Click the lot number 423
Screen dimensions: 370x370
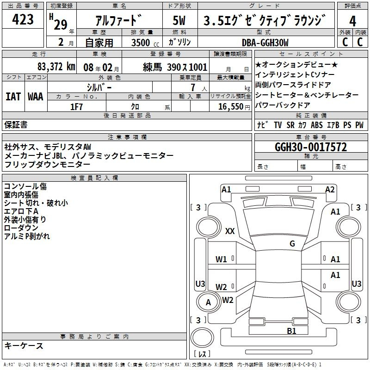click(x=23, y=19)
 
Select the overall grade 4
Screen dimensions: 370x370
click(x=352, y=21)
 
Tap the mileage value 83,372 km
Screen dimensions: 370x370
click(x=56, y=67)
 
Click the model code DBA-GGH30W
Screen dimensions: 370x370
click(x=265, y=43)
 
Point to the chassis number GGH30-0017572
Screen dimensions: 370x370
click(x=311, y=147)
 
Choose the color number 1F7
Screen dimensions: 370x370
click(x=76, y=107)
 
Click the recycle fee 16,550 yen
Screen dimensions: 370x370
click(x=234, y=107)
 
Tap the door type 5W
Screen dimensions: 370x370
click(x=179, y=20)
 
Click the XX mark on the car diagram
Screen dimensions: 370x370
click(x=230, y=231)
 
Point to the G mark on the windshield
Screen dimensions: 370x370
click(x=292, y=244)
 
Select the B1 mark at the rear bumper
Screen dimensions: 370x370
click(x=291, y=331)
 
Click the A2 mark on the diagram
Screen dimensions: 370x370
click(x=330, y=190)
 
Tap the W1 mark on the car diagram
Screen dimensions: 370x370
click(x=221, y=259)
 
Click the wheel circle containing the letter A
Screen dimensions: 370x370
click(x=208, y=302)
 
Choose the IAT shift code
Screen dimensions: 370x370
click(x=13, y=97)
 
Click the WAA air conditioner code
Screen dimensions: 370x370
click(x=36, y=97)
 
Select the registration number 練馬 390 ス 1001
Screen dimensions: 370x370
click(x=175, y=67)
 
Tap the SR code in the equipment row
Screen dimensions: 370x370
click(x=290, y=125)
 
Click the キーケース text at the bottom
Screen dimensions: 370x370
click(x=24, y=345)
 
